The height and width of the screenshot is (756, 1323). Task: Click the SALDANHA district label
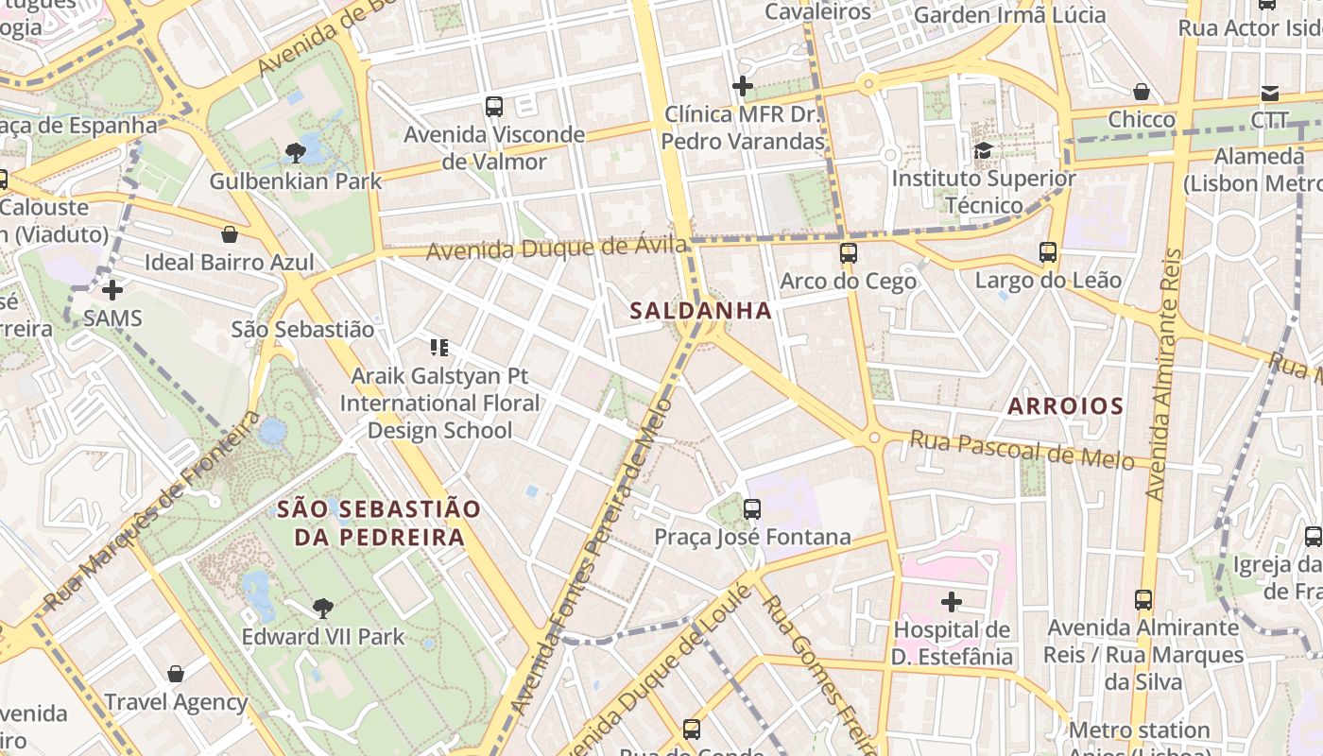700,310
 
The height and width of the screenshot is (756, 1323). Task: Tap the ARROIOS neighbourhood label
1065,406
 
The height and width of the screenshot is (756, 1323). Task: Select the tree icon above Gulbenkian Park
296,152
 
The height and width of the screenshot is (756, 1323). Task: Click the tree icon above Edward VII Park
323,608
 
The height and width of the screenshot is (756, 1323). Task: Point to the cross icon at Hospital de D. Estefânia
952,601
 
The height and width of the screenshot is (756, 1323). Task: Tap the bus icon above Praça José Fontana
752,509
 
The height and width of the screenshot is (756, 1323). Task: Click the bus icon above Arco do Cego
849,253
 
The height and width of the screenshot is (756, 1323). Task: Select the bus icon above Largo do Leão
1048,252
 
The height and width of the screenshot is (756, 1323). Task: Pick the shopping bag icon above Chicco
1142,92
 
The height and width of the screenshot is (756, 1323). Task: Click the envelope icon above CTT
1269,93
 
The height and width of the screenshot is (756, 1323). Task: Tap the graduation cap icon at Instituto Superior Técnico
984,150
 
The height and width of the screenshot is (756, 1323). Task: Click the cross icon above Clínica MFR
743,86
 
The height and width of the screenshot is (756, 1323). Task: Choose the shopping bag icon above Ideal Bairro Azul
230,234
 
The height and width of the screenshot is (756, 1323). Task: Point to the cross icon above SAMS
112,289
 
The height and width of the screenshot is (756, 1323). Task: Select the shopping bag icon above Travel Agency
176,674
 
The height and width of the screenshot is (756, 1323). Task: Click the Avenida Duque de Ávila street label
557,249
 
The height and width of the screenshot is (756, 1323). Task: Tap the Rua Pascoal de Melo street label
1021,450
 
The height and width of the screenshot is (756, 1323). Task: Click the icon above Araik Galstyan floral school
438,348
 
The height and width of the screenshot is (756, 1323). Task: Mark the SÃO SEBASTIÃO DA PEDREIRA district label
379,524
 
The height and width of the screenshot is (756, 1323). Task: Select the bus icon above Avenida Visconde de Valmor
494,107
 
